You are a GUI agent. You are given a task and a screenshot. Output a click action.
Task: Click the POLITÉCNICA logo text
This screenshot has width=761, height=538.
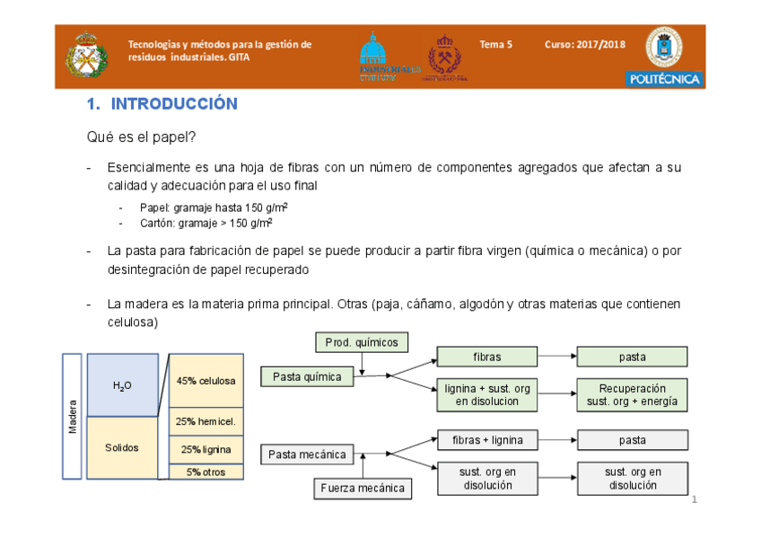click(x=664, y=79)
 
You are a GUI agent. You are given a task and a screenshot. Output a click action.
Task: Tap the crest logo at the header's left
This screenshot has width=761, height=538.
click(x=87, y=56)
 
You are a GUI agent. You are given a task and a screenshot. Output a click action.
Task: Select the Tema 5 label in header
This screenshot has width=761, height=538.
click(x=495, y=44)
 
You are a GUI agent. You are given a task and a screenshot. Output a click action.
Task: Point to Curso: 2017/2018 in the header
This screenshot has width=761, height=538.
click(x=585, y=44)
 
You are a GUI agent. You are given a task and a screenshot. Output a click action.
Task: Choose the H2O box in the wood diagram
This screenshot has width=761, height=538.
click(x=122, y=385)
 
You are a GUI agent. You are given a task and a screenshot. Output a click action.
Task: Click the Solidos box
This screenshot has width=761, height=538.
click(x=122, y=447)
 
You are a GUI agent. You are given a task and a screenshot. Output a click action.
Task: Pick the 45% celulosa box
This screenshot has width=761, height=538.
click(x=206, y=380)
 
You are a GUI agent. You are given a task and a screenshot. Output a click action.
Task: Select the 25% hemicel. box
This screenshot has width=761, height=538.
click(x=206, y=421)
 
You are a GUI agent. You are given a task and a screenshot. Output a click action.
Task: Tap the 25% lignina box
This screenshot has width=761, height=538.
click(x=206, y=449)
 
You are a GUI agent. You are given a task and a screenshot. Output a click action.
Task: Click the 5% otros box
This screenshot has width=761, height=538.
click(x=206, y=472)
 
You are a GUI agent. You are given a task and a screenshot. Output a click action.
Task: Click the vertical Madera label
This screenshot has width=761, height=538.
click(x=73, y=416)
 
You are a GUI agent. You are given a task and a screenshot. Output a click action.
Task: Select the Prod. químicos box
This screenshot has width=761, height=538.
click(x=362, y=342)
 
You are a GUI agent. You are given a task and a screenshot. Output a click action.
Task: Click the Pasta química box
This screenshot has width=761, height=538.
click(x=307, y=377)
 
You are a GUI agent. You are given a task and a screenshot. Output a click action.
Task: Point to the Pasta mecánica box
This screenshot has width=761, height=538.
click(x=307, y=454)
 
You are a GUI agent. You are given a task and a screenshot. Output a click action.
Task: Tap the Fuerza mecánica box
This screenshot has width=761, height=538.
click(x=362, y=489)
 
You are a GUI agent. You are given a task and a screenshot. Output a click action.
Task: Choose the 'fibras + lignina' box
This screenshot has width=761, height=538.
click(x=487, y=440)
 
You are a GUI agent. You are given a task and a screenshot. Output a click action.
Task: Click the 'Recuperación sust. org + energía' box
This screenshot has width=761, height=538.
click(x=632, y=394)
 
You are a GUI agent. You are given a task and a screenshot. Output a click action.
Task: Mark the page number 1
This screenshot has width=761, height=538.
click(x=695, y=499)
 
